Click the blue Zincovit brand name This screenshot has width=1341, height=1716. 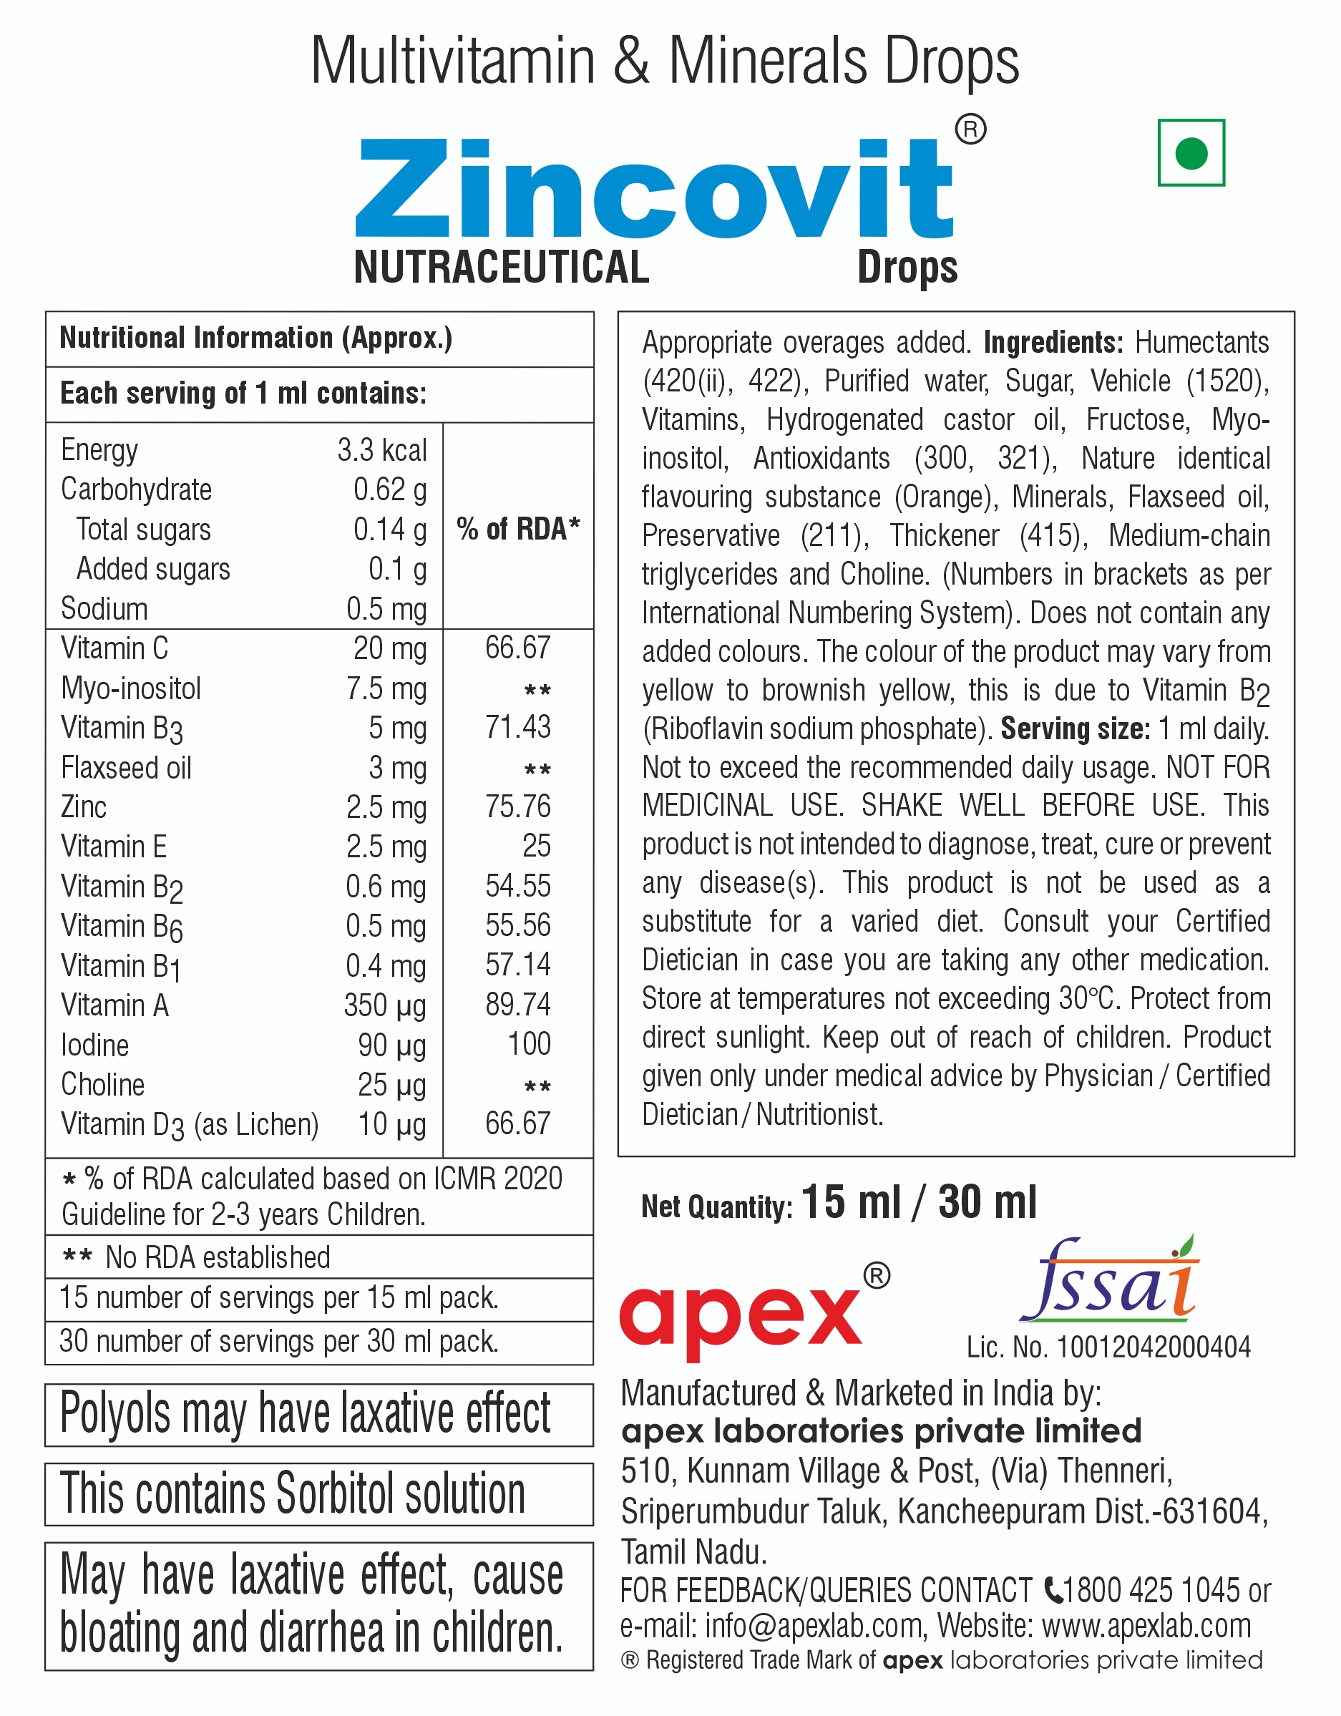[654, 189]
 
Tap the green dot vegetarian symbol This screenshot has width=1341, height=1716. [1191, 153]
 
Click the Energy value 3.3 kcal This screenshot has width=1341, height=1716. [382, 450]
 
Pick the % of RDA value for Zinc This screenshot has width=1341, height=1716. [517, 807]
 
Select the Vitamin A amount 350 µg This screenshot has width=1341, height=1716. [385, 1005]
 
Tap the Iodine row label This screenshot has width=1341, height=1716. [95, 1045]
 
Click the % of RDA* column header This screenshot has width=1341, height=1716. [517, 530]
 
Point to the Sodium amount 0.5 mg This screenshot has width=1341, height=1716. [386, 610]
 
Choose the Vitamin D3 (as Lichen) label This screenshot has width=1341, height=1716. [190, 1125]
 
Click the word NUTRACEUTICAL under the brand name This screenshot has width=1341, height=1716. [501, 267]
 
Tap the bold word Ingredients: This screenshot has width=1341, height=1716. [1053, 343]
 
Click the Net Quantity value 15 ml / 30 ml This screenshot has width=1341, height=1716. [919, 1203]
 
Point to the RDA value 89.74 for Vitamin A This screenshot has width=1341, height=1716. [517, 1005]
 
